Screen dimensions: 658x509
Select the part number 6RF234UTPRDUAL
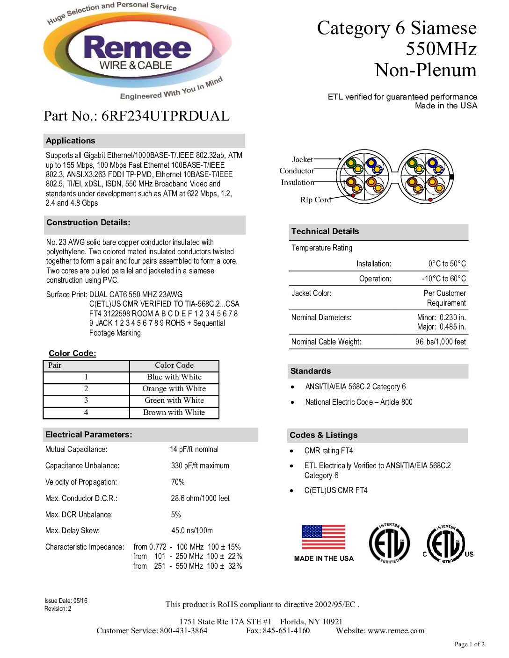pos(165,116)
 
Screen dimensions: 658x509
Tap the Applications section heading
pos(71,141)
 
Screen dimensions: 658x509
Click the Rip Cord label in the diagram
pos(315,200)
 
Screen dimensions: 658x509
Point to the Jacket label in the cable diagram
pos(302,159)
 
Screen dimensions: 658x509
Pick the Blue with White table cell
pos(174,377)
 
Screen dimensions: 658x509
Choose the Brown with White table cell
pos(174,413)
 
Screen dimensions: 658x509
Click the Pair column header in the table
pos(55,365)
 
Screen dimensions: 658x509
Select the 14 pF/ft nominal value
pos(194,450)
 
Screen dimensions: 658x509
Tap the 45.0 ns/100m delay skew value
pos(192,531)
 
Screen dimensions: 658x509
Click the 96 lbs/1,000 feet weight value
pos(440,342)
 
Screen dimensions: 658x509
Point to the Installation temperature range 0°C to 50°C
pos(447,264)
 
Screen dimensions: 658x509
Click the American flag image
pos(323,537)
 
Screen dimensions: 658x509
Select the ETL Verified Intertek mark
pos(389,544)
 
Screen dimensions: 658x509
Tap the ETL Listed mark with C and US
pos(448,544)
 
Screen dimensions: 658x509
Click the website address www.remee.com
pos(396,631)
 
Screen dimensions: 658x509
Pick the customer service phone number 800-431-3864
pos(183,631)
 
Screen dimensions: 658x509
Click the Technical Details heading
pos(325,231)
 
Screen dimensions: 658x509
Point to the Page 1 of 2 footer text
pos(469,644)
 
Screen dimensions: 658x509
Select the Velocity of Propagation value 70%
pos(178,482)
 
